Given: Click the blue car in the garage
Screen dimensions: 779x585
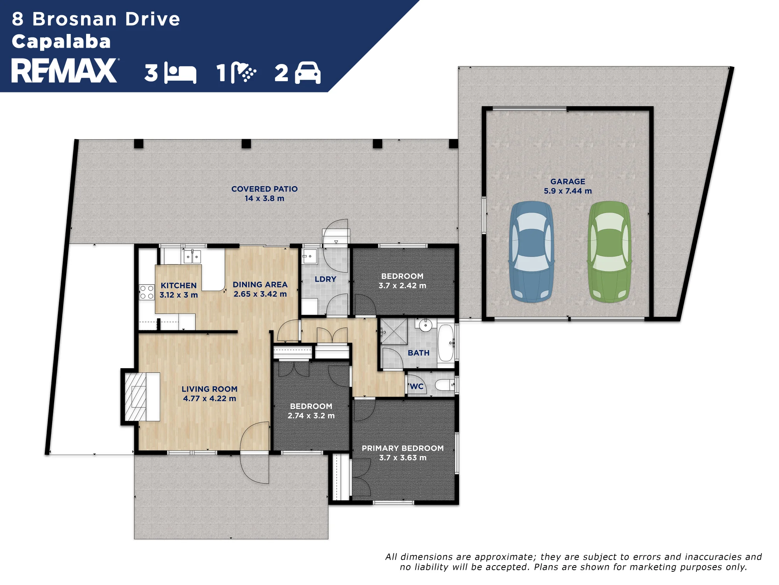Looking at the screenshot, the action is (532, 252).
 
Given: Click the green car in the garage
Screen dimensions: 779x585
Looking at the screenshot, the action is (610, 252).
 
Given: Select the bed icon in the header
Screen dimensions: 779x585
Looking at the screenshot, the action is (180, 73).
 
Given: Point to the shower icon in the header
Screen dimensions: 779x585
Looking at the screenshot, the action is (243, 73).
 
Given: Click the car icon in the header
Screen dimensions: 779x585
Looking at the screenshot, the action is (308, 73).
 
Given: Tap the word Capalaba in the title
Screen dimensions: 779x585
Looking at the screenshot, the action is (61, 41).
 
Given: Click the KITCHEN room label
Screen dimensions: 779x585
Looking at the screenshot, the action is (179, 285).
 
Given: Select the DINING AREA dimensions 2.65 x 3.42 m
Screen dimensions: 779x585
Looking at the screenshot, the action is (260, 294).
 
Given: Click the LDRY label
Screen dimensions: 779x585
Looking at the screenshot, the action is (325, 279).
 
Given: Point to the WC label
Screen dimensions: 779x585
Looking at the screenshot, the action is (416, 386).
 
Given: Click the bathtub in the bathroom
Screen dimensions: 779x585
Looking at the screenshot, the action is (446, 343).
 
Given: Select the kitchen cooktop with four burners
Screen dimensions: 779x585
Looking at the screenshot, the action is (147, 292).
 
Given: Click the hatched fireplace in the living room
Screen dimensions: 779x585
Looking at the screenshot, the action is (136, 396).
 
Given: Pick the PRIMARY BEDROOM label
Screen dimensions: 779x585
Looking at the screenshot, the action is (403, 448).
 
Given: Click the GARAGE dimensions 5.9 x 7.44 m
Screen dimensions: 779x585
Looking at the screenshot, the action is (568, 191).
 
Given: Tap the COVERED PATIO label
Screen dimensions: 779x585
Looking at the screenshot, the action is (264, 189).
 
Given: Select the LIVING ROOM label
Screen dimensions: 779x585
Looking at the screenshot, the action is (210, 389).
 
